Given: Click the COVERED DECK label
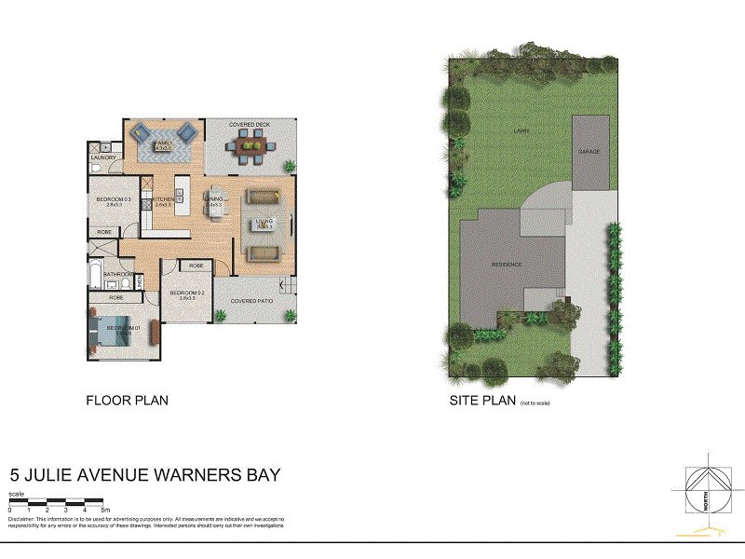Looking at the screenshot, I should tap(249, 124).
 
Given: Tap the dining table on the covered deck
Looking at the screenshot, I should tap(251, 144).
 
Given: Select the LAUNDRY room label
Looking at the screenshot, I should tap(103, 157).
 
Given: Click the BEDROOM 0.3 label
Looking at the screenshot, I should tap(115, 199).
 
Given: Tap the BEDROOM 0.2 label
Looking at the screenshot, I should tap(187, 293).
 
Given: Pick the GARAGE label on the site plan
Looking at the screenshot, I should tap(589, 151).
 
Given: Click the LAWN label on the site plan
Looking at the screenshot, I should tap(521, 132).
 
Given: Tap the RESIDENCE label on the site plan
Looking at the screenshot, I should tap(507, 265).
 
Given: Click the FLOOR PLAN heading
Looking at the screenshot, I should tap(127, 402).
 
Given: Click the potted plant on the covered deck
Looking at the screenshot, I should tap(290, 167).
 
